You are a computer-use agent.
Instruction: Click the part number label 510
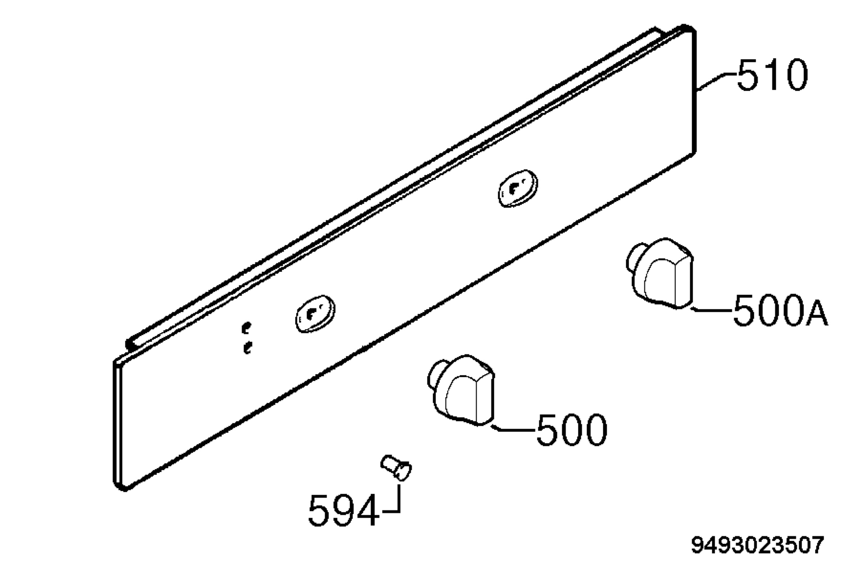click(x=772, y=75)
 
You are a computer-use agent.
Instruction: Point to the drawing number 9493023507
click(x=758, y=545)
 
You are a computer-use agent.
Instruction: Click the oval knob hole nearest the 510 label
click(x=518, y=188)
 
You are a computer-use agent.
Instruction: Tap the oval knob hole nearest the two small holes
click(x=315, y=314)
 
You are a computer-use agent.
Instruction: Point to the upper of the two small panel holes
click(x=246, y=327)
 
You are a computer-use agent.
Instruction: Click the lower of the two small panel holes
click(x=247, y=348)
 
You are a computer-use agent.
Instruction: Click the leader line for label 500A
click(x=711, y=309)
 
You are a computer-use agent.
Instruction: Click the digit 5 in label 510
click(x=748, y=75)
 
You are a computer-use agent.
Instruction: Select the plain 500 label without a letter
click(x=571, y=430)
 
